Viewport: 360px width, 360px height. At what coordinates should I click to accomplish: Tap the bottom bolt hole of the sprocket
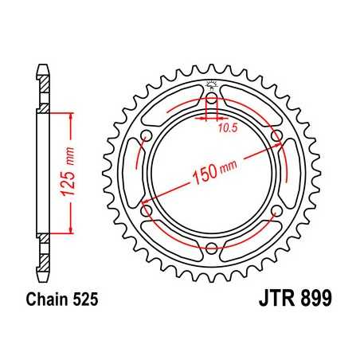click(211, 249)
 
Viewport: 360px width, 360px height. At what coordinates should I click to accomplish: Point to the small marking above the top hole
click(211, 86)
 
